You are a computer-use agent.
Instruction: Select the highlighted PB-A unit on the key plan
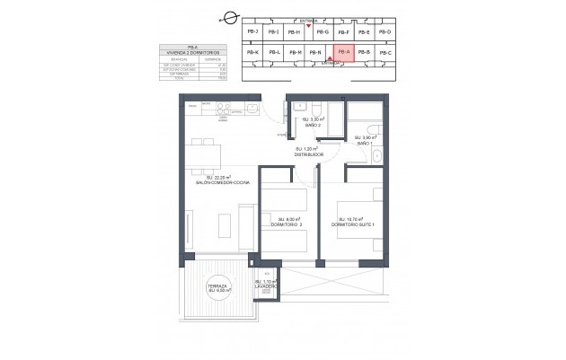342,53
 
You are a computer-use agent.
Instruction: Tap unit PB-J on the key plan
252,32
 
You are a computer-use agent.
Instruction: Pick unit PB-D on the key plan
385,32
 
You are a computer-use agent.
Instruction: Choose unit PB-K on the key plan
252,53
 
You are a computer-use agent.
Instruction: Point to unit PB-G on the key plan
320,32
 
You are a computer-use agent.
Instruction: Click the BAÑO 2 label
312,126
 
